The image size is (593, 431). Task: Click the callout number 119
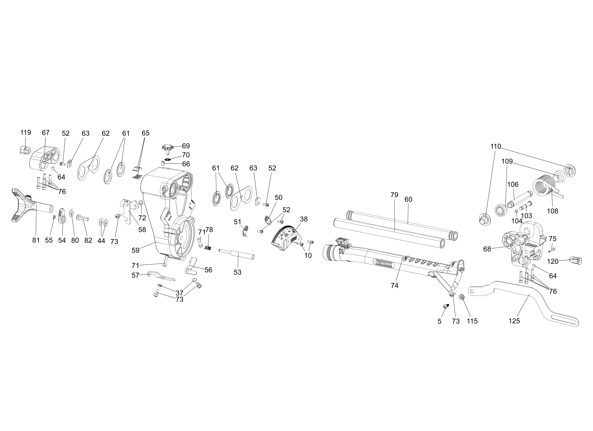26,133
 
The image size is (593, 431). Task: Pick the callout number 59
135,250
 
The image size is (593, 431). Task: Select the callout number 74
395,286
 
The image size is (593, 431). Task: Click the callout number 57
135,275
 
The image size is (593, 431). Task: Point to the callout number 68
487,249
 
